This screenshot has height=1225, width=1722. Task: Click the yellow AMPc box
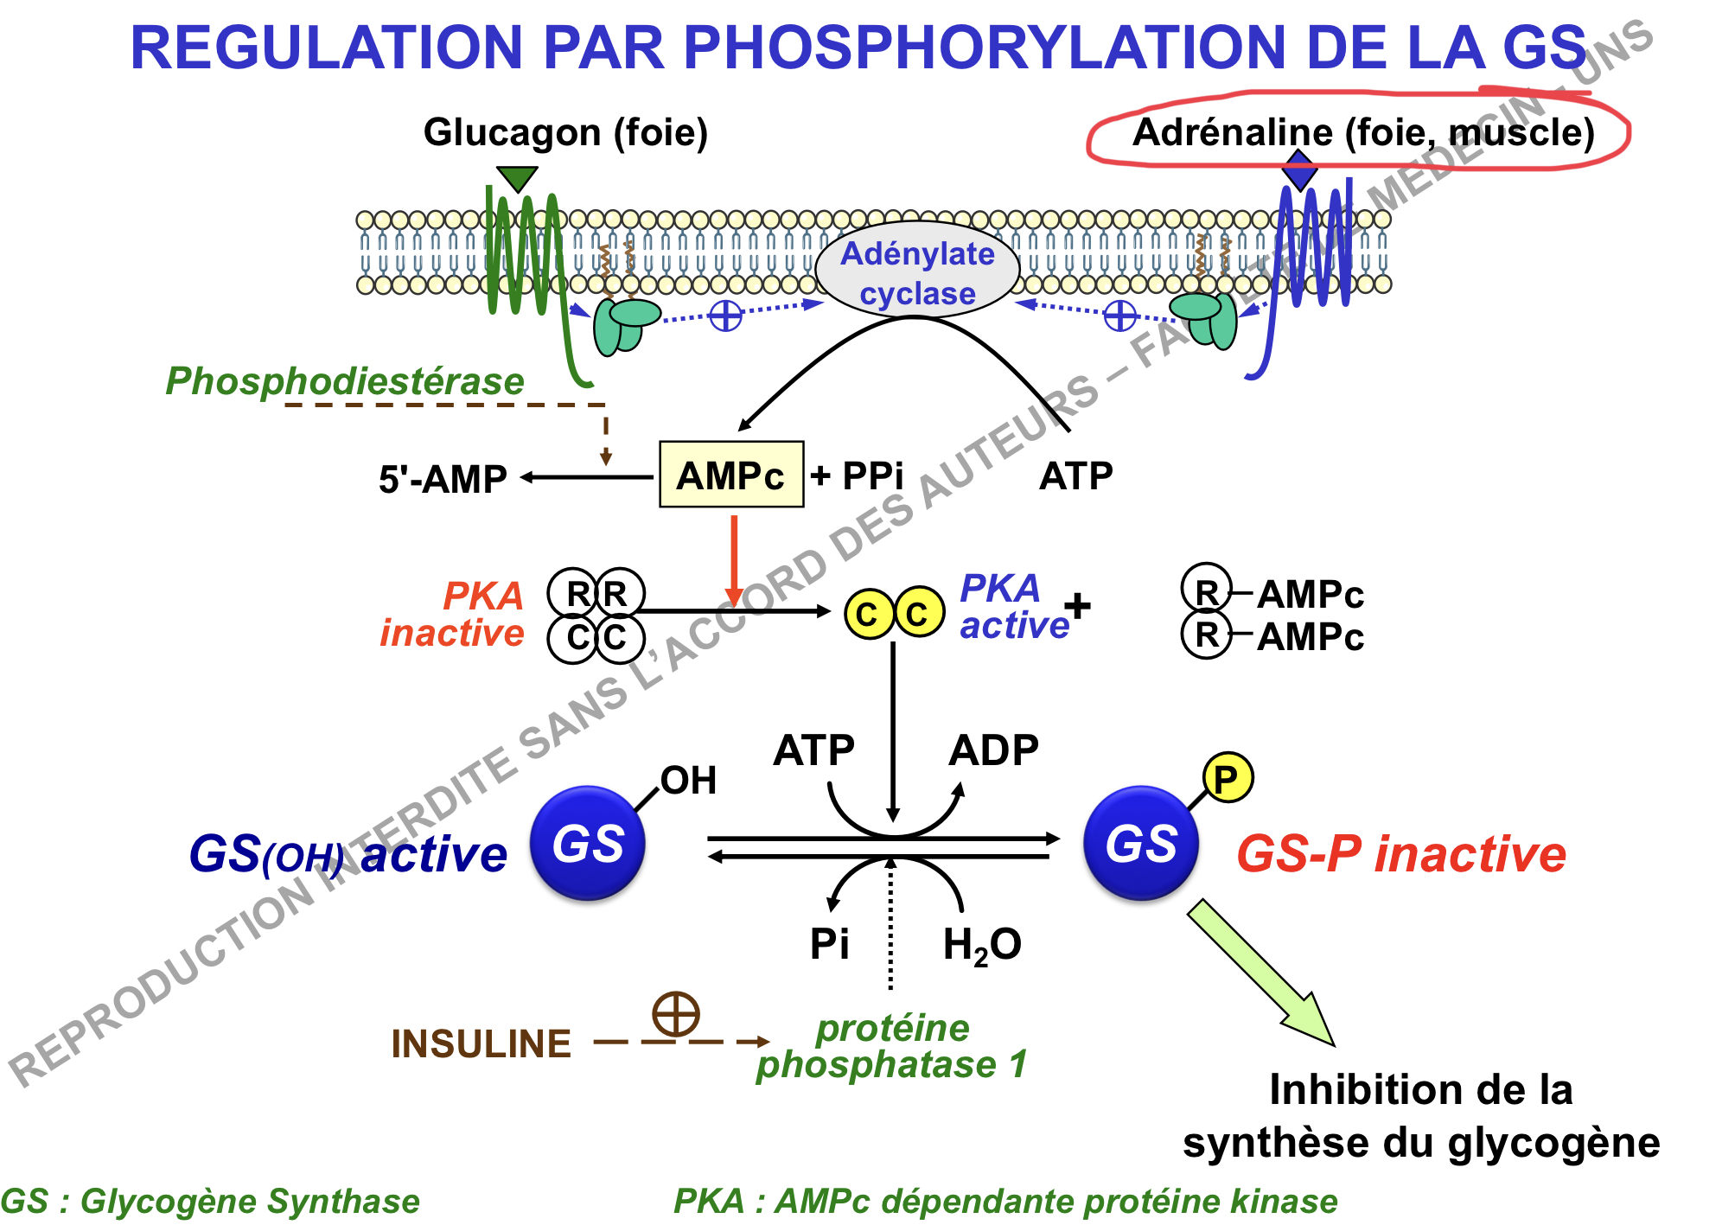[730, 475]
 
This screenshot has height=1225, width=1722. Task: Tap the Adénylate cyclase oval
[917, 273]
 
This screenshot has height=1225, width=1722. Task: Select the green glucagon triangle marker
[517, 178]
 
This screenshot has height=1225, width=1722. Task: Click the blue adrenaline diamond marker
[1298, 169]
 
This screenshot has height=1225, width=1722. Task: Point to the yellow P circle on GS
[1227, 778]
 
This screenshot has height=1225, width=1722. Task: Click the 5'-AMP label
[443, 479]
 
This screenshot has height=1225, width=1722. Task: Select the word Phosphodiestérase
[344, 381]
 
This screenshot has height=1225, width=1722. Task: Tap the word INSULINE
[481, 1043]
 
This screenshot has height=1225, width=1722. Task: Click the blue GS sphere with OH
[588, 844]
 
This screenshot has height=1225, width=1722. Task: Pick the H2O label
[982, 944]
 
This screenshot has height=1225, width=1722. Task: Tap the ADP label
[993, 750]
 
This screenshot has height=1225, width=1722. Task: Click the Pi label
[829, 943]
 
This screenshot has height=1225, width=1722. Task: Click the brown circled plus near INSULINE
[675, 1013]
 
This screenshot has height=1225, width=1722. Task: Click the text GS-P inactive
[1401, 854]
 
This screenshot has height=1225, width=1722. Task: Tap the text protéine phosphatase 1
[892, 1046]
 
